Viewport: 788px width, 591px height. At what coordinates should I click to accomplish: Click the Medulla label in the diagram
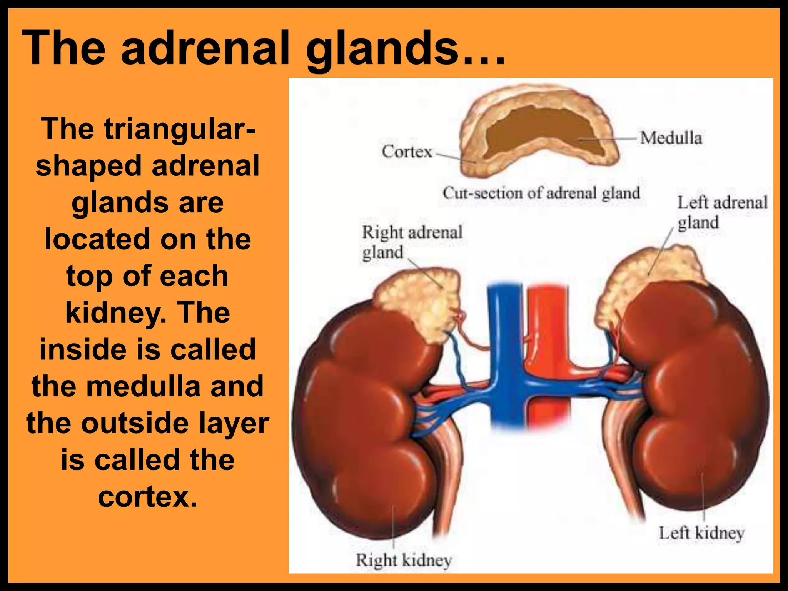tap(671, 138)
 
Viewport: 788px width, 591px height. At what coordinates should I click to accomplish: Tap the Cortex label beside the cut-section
tap(407, 152)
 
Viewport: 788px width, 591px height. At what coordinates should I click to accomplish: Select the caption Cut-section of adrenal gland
tap(541, 193)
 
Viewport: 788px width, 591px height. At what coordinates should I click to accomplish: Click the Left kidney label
tap(701, 533)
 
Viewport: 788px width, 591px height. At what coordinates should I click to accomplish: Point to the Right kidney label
tap(404, 560)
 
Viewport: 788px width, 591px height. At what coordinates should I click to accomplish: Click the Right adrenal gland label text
tap(412, 242)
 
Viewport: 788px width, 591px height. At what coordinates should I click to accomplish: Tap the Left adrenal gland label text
tap(722, 212)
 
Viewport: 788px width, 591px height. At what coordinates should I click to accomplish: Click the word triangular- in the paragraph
tap(179, 129)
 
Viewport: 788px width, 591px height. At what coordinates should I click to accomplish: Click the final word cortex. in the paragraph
tap(147, 496)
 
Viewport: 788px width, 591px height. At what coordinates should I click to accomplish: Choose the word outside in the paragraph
tap(135, 423)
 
